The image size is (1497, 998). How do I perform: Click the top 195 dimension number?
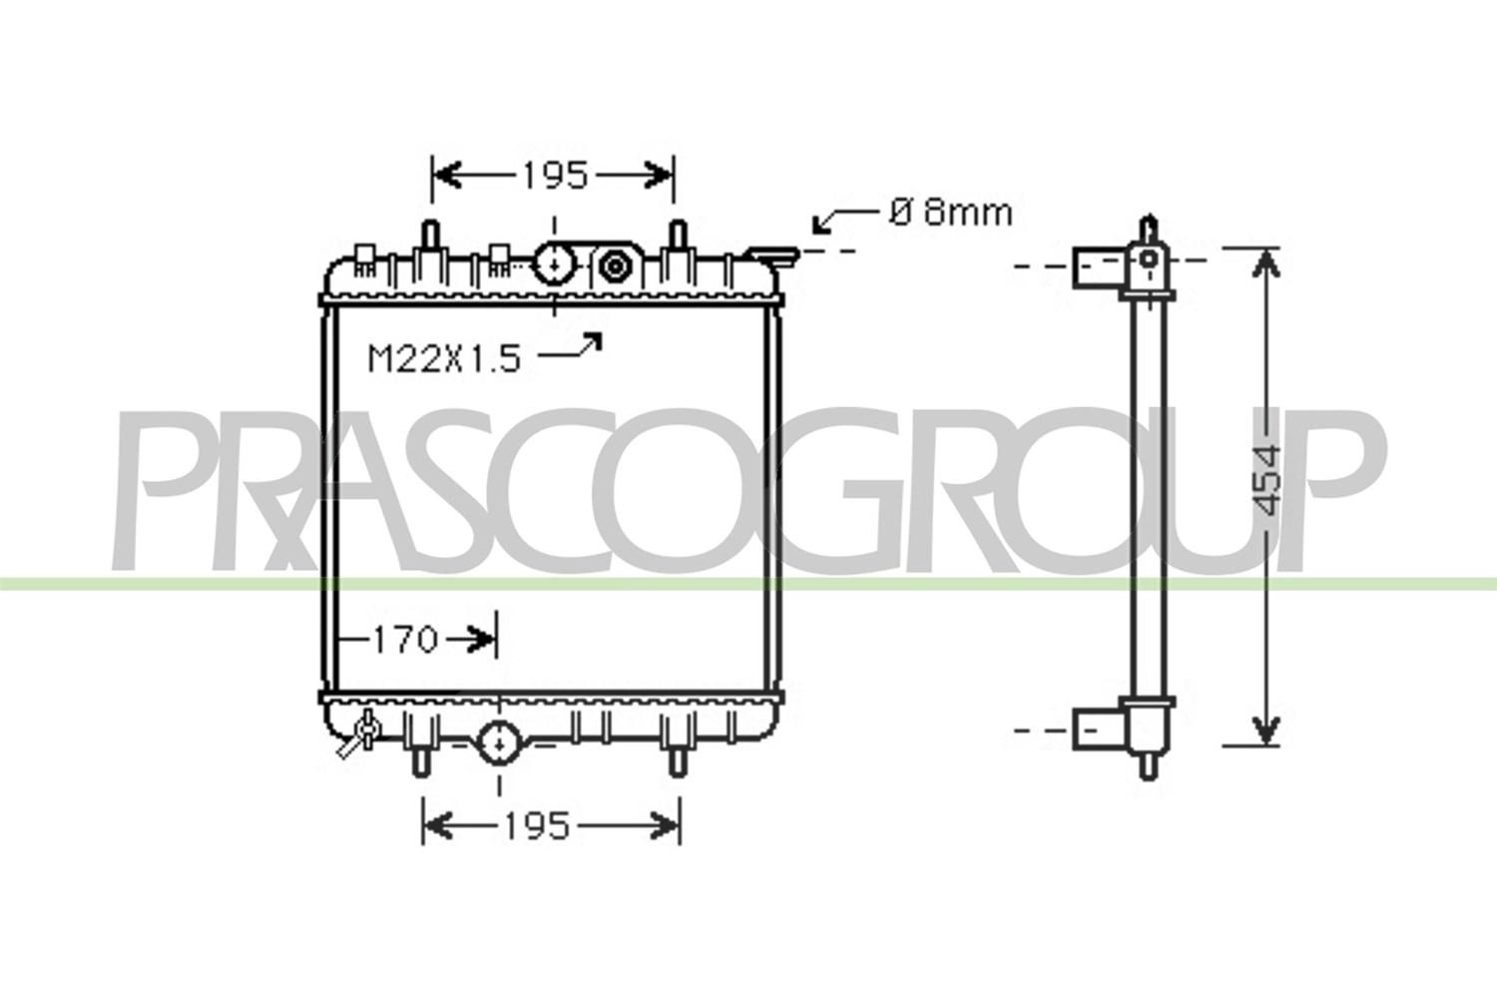pyautogui.click(x=555, y=176)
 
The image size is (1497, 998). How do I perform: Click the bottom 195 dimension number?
pyautogui.click(x=537, y=826)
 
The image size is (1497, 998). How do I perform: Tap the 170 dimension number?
pyautogui.click(x=405, y=639)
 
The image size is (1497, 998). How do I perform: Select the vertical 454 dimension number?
pyautogui.click(x=1263, y=480)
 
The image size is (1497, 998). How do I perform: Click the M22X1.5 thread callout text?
pyautogui.click(x=444, y=358)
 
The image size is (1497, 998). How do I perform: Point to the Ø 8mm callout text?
pyautogui.click(x=951, y=213)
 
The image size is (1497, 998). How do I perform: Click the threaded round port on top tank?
pyautogui.click(x=614, y=266)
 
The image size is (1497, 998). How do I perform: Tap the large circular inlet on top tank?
pyautogui.click(x=555, y=264)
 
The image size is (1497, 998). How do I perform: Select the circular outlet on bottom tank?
pyautogui.click(x=499, y=743)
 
